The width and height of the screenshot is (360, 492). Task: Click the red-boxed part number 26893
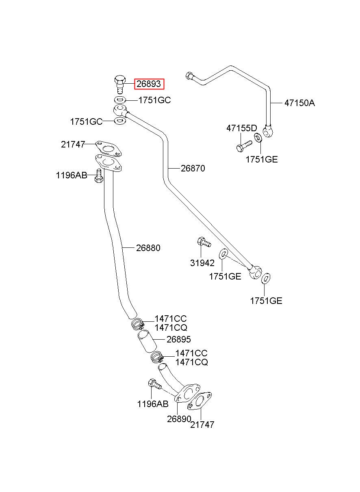(x=149, y=84)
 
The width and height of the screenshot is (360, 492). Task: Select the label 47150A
(x=299, y=103)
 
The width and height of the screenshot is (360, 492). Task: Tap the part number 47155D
(x=242, y=128)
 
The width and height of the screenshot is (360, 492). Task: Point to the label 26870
(x=193, y=169)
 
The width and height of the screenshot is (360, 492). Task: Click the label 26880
(x=148, y=248)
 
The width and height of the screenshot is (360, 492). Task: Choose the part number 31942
(x=202, y=263)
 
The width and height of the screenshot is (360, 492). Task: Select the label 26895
(x=178, y=339)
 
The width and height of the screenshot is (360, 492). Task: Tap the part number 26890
(x=179, y=419)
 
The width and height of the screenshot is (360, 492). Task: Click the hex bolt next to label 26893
(x=119, y=85)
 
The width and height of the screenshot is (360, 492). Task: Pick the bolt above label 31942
(x=204, y=242)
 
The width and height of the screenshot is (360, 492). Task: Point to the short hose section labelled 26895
(x=147, y=343)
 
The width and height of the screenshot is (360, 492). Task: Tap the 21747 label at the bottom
(x=202, y=425)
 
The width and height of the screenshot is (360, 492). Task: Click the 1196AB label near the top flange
(x=72, y=176)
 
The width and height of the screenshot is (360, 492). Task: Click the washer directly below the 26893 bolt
(x=120, y=100)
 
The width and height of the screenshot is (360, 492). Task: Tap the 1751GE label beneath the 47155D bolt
(x=262, y=159)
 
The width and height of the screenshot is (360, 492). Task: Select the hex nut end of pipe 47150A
(x=189, y=76)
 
